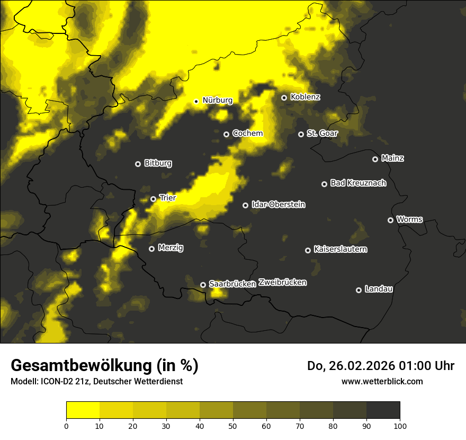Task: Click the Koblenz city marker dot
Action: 284,98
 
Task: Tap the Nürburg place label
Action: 217,100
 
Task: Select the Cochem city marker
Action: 226,134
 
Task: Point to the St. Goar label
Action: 322,134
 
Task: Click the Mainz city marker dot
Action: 375,159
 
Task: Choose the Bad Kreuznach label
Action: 358,183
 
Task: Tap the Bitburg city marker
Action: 138,164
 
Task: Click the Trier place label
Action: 167,198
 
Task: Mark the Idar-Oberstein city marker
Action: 245,205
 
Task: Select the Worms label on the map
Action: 409,219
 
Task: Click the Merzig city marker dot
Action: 151,249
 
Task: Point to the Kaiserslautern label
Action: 340,250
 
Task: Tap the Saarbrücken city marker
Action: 203,285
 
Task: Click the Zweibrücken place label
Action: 282,283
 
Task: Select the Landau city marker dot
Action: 359,290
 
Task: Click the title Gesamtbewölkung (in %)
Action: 104,366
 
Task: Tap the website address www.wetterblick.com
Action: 382,381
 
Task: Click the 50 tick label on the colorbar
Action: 233,426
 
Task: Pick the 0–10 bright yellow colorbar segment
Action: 83,410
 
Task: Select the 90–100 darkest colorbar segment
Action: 383,410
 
